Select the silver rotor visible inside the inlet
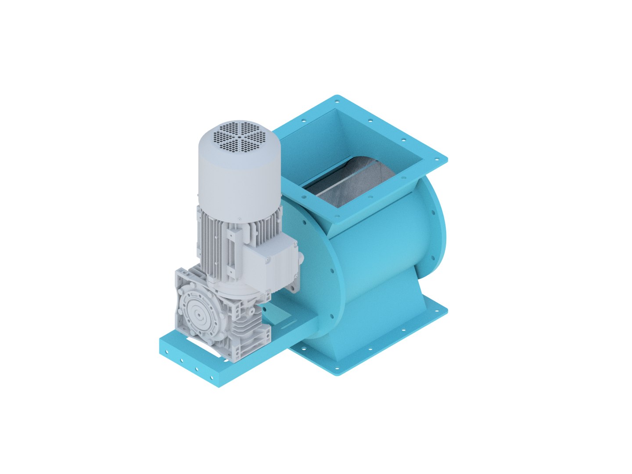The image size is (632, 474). pyautogui.click(x=347, y=184)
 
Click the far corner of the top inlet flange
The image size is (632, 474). pyautogui.click(x=337, y=97)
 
